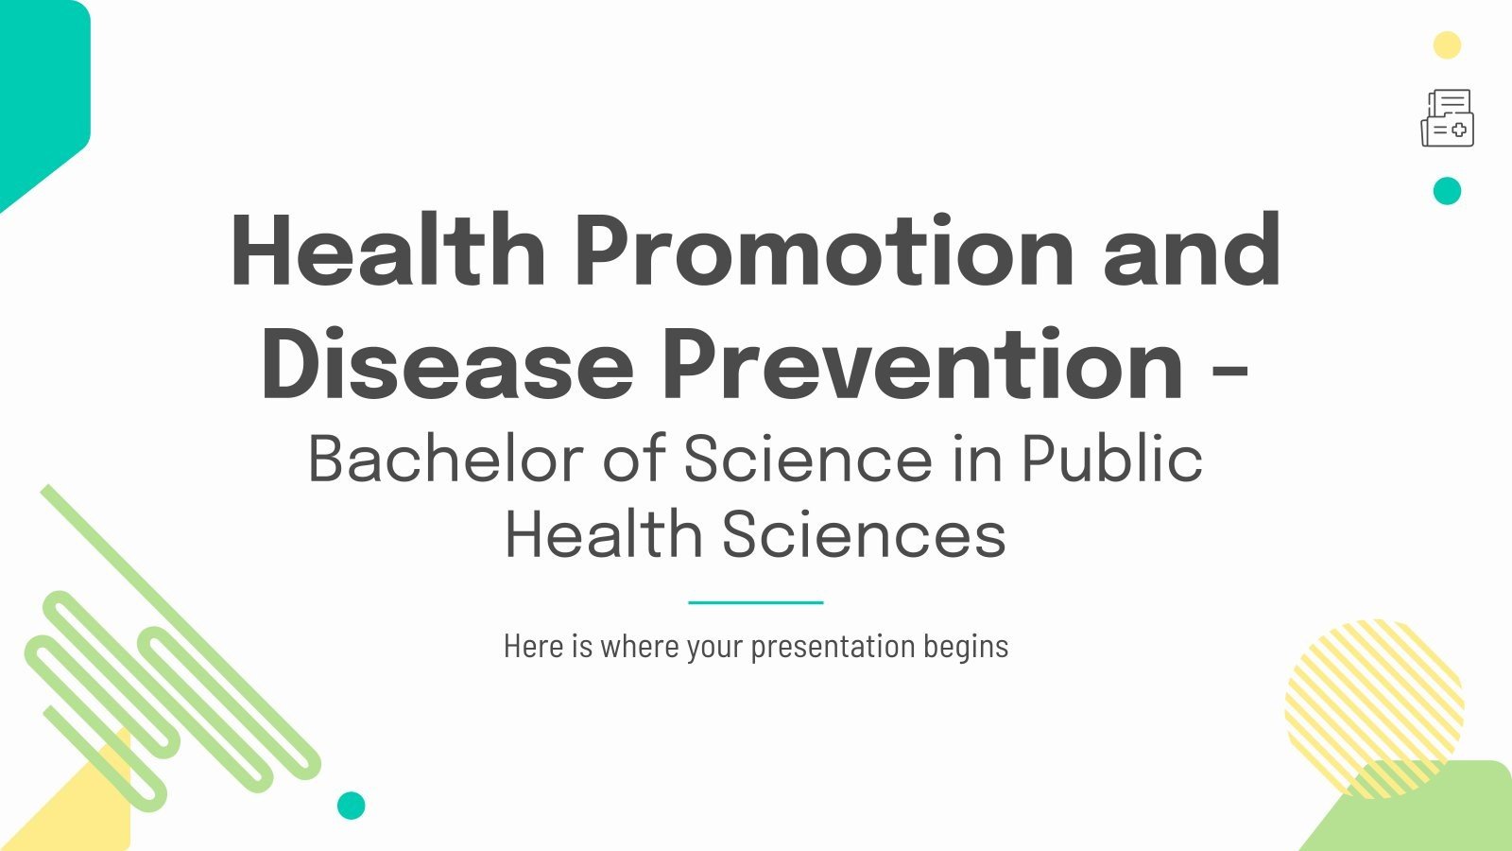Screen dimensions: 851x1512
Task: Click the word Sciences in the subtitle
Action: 864,535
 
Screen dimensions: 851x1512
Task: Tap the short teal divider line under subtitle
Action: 756,602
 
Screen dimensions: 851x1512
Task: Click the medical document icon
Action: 1447,118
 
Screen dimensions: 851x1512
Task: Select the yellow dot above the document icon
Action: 1447,45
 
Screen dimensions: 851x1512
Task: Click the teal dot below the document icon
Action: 1447,191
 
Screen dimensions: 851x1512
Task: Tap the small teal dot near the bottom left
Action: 352,806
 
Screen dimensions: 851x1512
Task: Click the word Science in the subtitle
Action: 808,460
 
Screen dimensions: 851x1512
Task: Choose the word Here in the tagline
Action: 534,647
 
